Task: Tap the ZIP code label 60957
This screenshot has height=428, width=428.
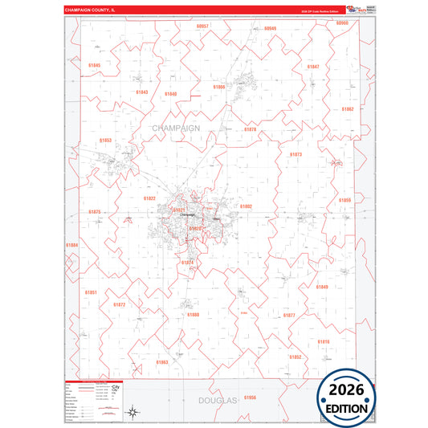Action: click(202, 26)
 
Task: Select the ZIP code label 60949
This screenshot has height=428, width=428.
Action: click(270, 28)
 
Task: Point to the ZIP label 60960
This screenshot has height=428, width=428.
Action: click(342, 24)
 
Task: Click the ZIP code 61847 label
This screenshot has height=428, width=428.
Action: click(313, 67)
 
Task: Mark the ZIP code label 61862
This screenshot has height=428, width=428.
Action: click(347, 108)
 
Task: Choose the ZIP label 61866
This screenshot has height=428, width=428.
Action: click(219, 87)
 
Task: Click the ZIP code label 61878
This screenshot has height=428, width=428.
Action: click(250, 129)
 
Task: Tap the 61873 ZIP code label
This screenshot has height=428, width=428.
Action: click(296, 154)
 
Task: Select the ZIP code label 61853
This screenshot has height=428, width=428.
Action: click(105, 141)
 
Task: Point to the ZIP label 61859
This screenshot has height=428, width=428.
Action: click(344, 200)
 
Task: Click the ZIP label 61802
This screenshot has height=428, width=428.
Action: click(246, 206)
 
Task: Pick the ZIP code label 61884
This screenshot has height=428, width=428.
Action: click(72, 245)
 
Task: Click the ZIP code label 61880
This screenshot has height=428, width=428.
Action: click(193, 315)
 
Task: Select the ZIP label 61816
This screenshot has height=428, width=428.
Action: click(324, 341)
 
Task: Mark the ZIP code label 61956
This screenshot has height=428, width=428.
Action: click(250, 397)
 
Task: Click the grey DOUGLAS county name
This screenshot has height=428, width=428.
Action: click(218, 399)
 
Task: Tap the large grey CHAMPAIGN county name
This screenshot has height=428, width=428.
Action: click(176, 128)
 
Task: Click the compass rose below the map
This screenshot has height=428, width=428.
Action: click(133, 414)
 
